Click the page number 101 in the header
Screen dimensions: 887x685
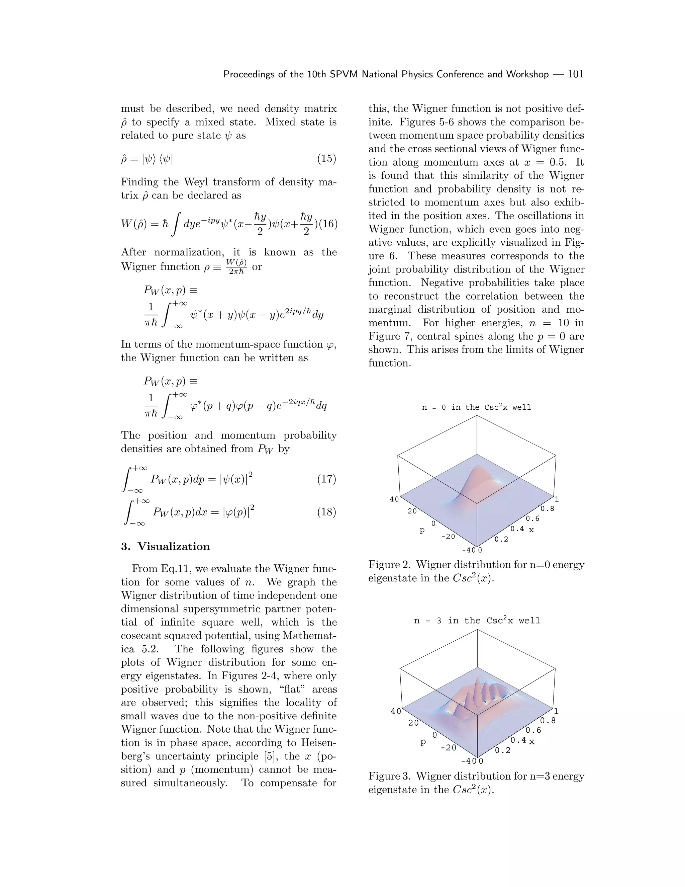pos(575,74)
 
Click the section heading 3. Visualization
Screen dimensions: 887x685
pos(165,546)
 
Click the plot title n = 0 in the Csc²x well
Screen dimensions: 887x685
pos(476,407)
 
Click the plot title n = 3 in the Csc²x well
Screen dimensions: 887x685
pos(477,621)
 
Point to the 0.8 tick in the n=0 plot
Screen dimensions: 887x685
pos(547,508)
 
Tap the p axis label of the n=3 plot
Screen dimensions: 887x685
pos(423,742)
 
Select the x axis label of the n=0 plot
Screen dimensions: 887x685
pos(531,530)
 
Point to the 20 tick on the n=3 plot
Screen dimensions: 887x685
pos(413,723)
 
